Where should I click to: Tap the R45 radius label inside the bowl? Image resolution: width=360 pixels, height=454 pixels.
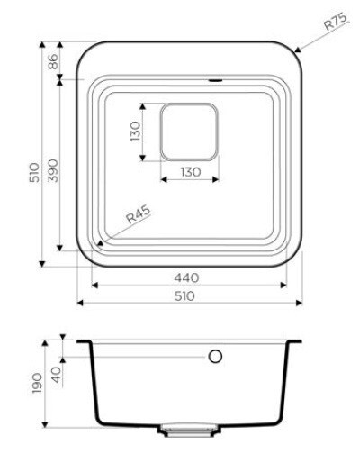(138, 215)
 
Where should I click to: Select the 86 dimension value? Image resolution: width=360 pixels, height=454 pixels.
(52, 61)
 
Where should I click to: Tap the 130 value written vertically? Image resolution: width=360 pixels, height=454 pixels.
(136, 132)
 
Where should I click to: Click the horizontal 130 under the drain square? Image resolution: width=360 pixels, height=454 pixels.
(190, 171)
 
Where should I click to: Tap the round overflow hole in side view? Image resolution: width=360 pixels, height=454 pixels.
(215, 357)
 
